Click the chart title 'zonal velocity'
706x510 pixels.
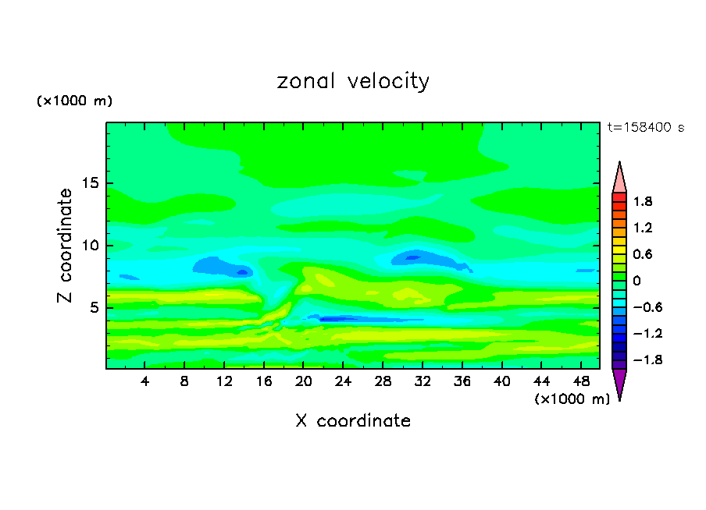[353, 81]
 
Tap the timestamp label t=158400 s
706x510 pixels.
[645, 127]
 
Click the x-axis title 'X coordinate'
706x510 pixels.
[353, 421]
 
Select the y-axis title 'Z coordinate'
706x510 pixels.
[66, 245]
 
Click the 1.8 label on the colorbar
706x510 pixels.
[643, 201]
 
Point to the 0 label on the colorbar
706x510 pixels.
[636, 281]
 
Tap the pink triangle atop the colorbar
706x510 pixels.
[619, 178]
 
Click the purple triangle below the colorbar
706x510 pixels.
[619, 383]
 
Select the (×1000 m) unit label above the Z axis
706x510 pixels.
[75, 101]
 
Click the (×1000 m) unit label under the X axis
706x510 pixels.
[572, 399]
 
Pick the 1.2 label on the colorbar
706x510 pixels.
[643, 228]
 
